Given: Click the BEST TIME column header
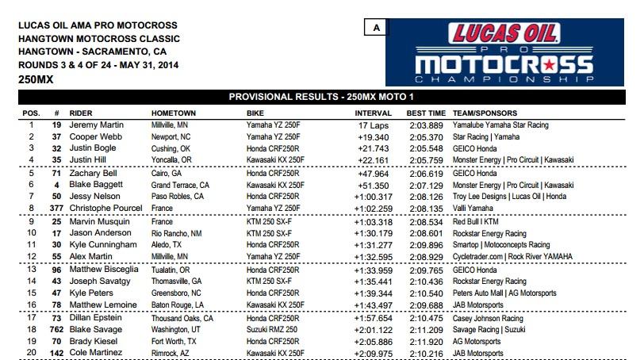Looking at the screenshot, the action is click(426, 113).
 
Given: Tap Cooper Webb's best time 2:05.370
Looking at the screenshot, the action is click(426, 136).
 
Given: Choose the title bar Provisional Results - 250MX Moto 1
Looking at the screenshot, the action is click(321, 97).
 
